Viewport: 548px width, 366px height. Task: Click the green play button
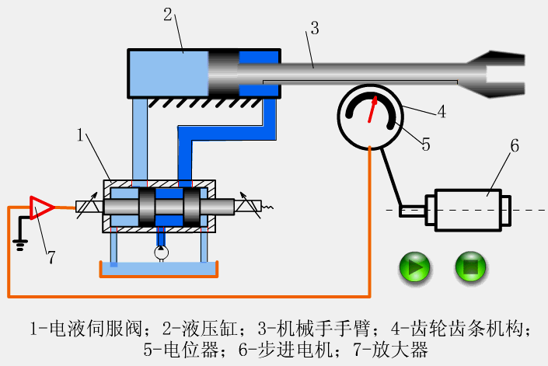415,267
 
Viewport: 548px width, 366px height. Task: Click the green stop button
470,267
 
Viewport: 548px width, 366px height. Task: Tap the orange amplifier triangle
40,207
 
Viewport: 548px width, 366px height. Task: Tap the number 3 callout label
314,29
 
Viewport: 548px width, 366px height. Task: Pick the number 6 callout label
514,145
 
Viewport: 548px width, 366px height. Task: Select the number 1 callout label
80,137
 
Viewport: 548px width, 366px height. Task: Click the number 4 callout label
442,111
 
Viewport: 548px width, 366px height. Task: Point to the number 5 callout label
425,144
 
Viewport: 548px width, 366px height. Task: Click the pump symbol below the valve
161,252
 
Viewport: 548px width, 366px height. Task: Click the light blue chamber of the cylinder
168,73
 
